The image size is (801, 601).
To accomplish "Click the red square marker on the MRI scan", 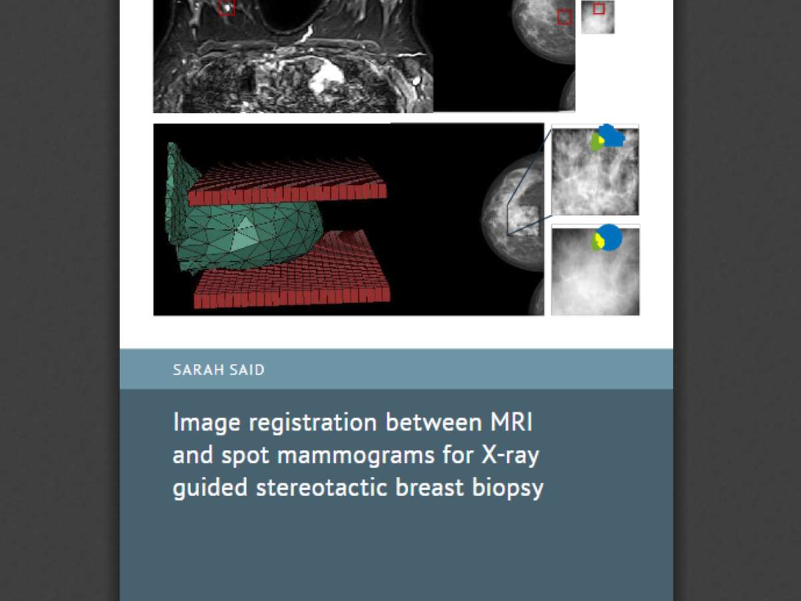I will (x=226, y=7).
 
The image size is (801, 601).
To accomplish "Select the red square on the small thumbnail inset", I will (x=599, y=9).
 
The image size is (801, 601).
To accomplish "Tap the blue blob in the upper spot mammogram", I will (x=613, y=136).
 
